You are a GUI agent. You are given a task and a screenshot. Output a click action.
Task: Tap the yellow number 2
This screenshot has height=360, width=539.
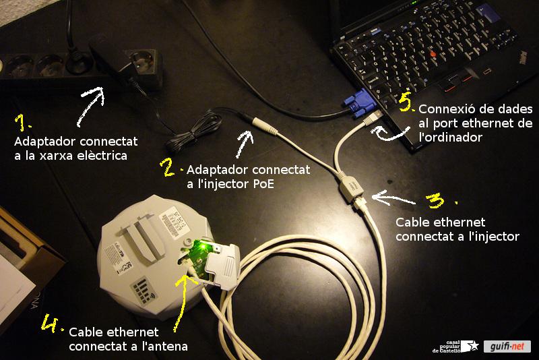[x=168, y=167]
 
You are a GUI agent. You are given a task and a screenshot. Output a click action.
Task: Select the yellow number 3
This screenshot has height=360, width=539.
[x=437, y=200]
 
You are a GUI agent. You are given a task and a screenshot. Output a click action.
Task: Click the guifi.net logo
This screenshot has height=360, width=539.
[x=507, y=347]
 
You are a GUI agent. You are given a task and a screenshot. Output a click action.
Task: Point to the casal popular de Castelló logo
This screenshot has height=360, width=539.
[x=455, y=347]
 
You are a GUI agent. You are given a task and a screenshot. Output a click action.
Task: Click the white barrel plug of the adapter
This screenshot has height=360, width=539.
[x=266, y=125]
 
